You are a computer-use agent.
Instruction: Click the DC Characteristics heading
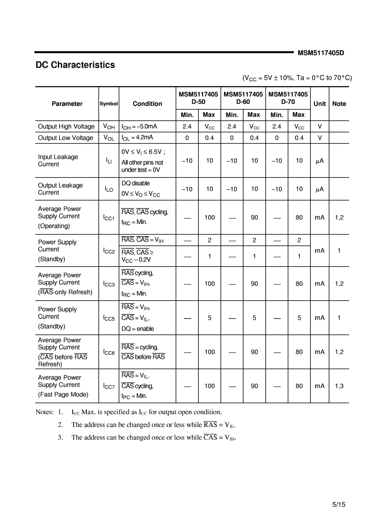(x=75, y=65)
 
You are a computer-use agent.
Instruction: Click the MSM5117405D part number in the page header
(x=321, y=53)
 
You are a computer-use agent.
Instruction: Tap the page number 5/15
(x=339, y=504)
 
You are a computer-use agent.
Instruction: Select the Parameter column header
(x=67, y=104)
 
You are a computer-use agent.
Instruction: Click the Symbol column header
(x=109, y=104)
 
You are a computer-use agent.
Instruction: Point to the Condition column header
(x=147, y=104)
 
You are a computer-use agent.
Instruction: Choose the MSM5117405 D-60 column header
(x=243, y=98)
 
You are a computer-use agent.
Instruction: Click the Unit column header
(x=319, y=104)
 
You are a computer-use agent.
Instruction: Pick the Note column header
(x=339, y=104)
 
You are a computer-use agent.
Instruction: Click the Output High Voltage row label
(x=66, y=127)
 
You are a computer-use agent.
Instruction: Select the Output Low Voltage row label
(x=65, y=138)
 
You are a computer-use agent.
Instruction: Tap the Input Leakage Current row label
(x=58, y=160)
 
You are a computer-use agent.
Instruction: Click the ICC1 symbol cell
(x=109, y=218)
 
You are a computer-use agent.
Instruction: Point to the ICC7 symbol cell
(x=109, y=386)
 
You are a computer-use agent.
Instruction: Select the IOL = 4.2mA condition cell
(x=137, y=138)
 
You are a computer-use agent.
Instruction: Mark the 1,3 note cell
(x=339, y=386)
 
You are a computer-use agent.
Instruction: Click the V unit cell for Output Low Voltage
(x=319, y=138)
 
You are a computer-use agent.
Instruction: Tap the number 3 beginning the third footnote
(x=60, y=437)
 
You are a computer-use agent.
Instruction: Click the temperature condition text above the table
(x=297, y=78)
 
